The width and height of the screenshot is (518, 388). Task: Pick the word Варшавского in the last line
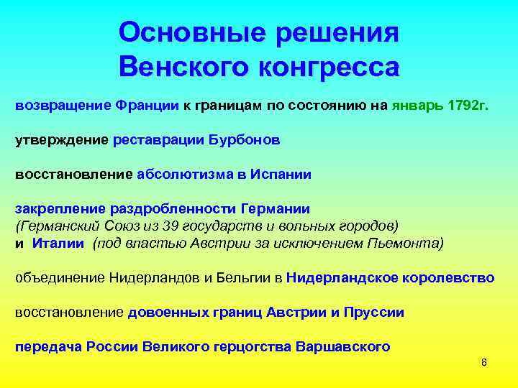pyautogui.click(x=342, y=346)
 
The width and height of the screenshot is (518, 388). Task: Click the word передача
pyautogui.click(x=47, y=346)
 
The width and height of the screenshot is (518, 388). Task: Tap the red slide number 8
pyautogui.click(x=483, y=362)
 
